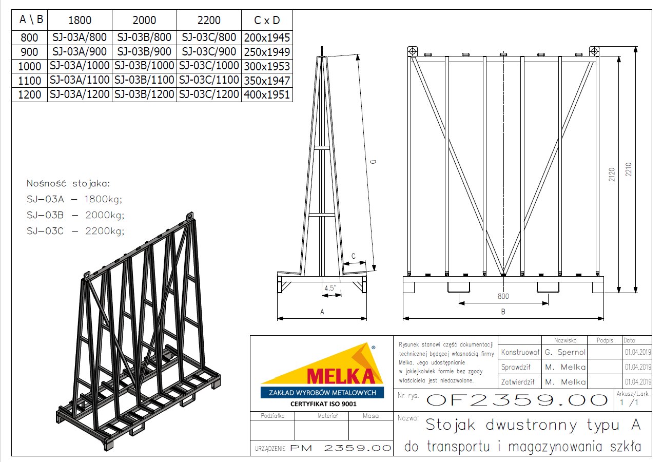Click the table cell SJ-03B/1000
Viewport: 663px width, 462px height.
point(144,66)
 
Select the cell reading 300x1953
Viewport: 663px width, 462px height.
point(267,66)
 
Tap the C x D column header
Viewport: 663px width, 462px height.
point(267,20)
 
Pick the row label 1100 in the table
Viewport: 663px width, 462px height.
point(29,80)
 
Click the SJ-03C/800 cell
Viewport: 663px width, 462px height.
point(209,37)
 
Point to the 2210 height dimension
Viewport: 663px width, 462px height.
point(629,169)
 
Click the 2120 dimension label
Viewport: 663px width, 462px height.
point(612,175)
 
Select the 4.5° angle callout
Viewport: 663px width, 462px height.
point(330,288)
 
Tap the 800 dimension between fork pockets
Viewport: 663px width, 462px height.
point(503,296)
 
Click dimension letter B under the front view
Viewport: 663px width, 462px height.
point(503,312)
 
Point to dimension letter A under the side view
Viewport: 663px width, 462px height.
point(322,312)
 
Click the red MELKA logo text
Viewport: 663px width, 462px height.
point(341,376)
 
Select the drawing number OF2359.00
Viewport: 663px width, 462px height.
point(517,400)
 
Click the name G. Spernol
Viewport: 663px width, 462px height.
point(565,352)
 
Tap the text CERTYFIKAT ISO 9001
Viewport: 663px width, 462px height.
point(323,404)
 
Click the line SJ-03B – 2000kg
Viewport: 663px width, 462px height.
point(75,215)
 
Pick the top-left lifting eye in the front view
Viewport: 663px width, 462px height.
point(412,51)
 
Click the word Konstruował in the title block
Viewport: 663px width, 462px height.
point(520,352)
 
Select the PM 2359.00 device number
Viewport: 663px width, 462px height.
point(340,448)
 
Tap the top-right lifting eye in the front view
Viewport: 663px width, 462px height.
point(594,51)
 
